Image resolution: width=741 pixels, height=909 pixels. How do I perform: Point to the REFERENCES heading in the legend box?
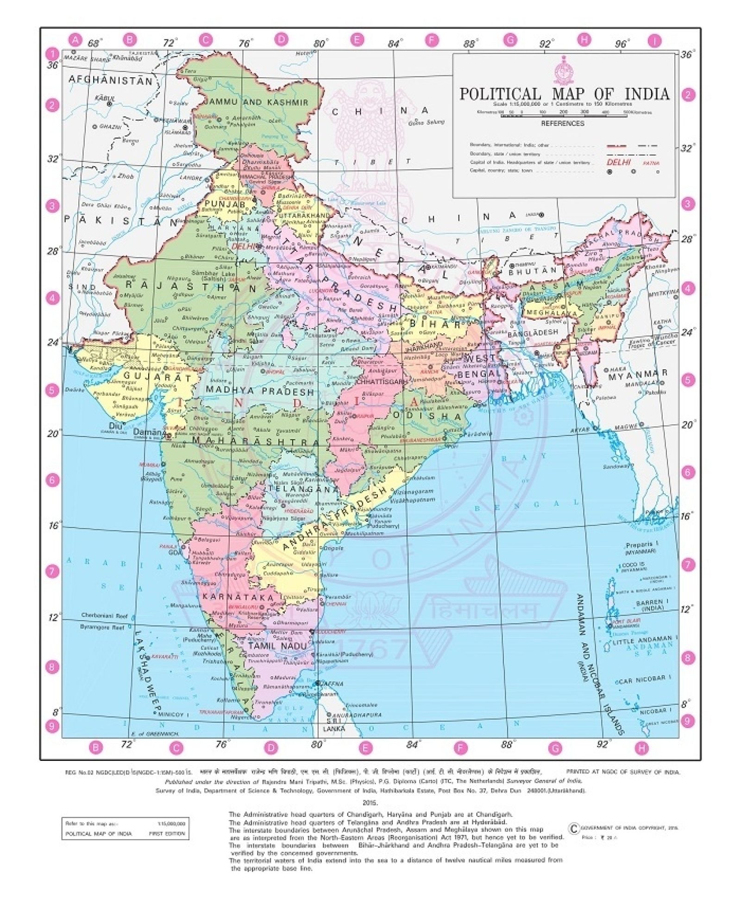pos(563,124)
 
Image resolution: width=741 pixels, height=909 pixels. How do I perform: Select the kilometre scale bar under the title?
pos(563,112)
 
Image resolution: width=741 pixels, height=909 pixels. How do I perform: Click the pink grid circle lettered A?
pos(75,40)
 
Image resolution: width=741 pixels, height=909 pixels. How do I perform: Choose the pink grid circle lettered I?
pos(655,41)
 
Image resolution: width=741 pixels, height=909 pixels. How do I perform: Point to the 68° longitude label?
pos(94,43)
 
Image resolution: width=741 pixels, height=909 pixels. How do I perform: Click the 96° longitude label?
pos(622,44)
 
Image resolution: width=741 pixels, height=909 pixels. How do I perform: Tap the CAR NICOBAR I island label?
pos(644,679)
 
